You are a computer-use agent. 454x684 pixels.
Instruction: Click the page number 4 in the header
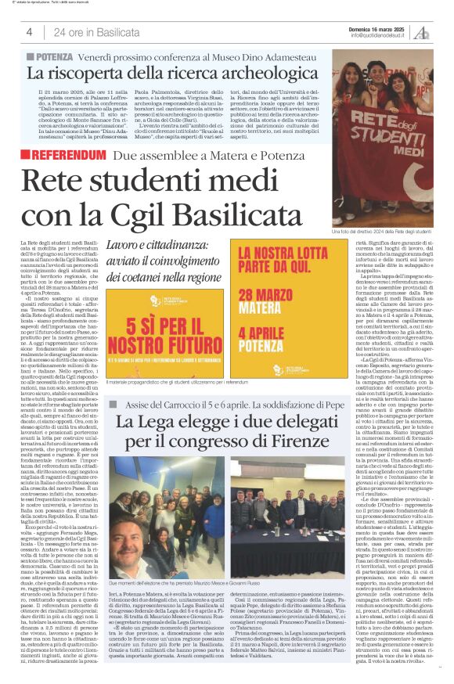pos(29,32)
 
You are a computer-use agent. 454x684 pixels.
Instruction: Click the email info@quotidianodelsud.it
pos(380,35)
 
